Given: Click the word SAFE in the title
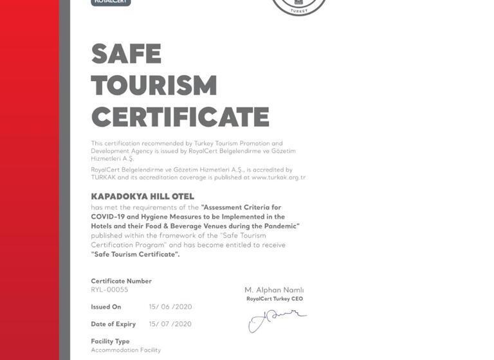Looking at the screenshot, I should [126, 54].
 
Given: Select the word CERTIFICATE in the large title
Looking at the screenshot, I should [180, 117].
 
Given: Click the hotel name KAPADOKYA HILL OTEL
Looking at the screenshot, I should [142, 196].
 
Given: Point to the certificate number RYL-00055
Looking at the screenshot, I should [109, 290].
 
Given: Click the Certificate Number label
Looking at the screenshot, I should [121, 281].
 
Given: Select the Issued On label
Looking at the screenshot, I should [105, 307].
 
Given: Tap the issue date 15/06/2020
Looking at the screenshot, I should [170, 307].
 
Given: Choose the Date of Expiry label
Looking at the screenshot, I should [113, 324].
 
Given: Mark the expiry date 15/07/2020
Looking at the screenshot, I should [170, 324].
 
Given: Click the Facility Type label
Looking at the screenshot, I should [110, 341].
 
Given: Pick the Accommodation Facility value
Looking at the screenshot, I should [125, 350].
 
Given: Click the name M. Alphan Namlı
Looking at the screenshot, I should [274, 290].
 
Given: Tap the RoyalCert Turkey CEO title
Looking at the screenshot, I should [274, 299].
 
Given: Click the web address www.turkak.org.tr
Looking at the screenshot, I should [279, 177].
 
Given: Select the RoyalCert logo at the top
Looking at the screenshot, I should [111, 3].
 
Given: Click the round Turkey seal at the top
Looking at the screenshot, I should [299, 5].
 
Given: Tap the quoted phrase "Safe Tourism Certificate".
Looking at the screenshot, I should [135, 254].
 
